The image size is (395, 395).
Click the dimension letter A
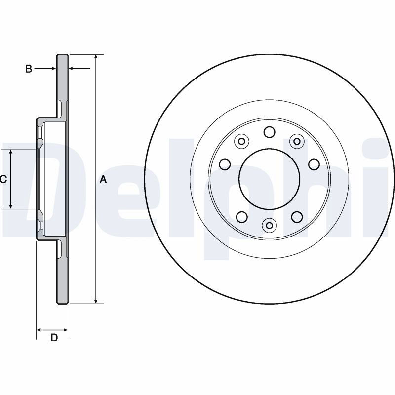click(103, 180)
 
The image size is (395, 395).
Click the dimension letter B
click(29, 69)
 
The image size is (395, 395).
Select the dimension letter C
click(3, 179)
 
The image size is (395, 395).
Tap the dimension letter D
click(54, 338)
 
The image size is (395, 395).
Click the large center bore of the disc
click(269, 179)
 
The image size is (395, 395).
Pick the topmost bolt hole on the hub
click(269, 132)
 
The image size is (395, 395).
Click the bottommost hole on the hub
click(269, 225)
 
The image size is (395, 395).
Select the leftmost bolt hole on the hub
click(225, 164)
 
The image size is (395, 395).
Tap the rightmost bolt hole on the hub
click(314, 164)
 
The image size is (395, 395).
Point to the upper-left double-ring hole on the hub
click(241, 141)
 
